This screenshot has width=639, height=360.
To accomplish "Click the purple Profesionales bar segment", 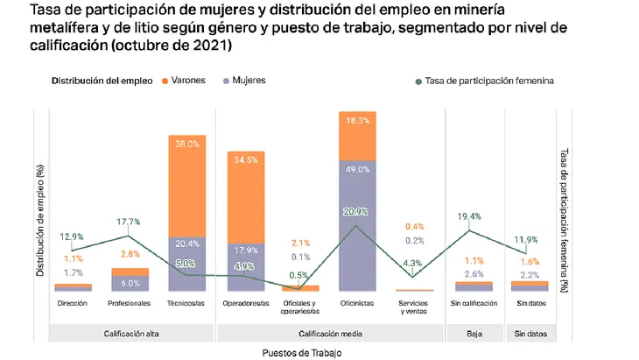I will coord(130,283).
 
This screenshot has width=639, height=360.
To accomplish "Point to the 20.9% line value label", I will coord(355,211).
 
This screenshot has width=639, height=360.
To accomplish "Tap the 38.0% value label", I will coord(186,143).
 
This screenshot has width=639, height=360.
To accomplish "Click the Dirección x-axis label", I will coord(73,303).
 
